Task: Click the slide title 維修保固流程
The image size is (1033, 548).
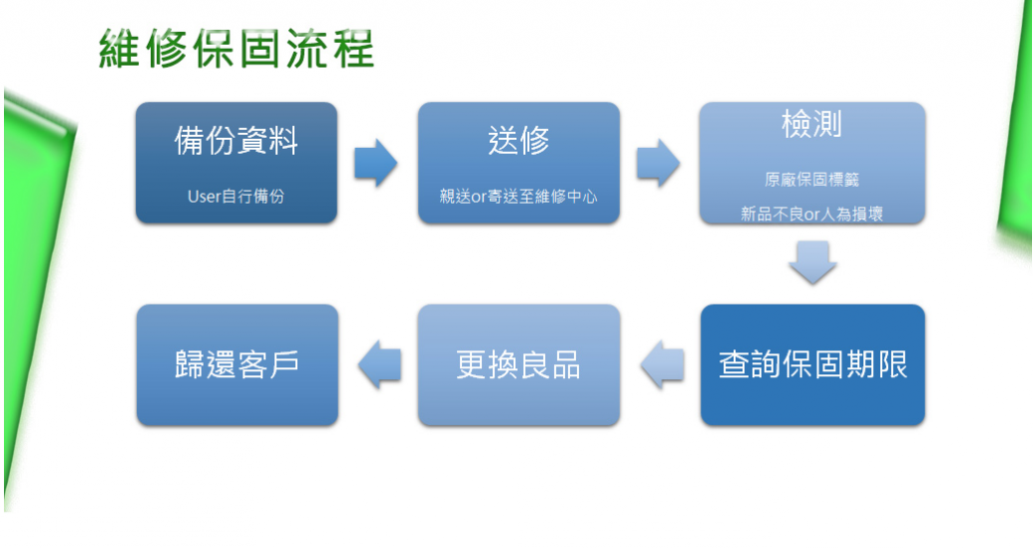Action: [236, 49]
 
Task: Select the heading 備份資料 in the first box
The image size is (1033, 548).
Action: [236, 141]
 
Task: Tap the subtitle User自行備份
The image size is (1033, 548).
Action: [235, 197]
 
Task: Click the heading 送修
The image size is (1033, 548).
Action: [518, 141]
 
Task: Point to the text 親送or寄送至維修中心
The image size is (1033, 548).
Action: [518, 197]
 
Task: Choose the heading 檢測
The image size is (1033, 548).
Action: [812, 124]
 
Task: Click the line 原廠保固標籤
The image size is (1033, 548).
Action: [812, 179]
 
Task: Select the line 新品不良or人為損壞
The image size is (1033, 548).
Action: [812, 214]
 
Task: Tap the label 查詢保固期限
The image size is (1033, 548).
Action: [812, 364]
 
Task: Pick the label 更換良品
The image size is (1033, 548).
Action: [518, 364]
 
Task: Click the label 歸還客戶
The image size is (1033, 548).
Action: [236, 364]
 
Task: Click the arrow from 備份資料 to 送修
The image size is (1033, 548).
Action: [375, 163]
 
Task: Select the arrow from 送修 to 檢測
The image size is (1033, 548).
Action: [659, 163]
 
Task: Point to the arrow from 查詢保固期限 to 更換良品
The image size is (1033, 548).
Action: [663, 364]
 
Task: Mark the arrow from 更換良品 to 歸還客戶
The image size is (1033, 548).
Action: [379, 364]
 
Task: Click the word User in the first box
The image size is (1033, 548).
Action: [204, 197]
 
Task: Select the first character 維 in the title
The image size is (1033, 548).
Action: [119, 49]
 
